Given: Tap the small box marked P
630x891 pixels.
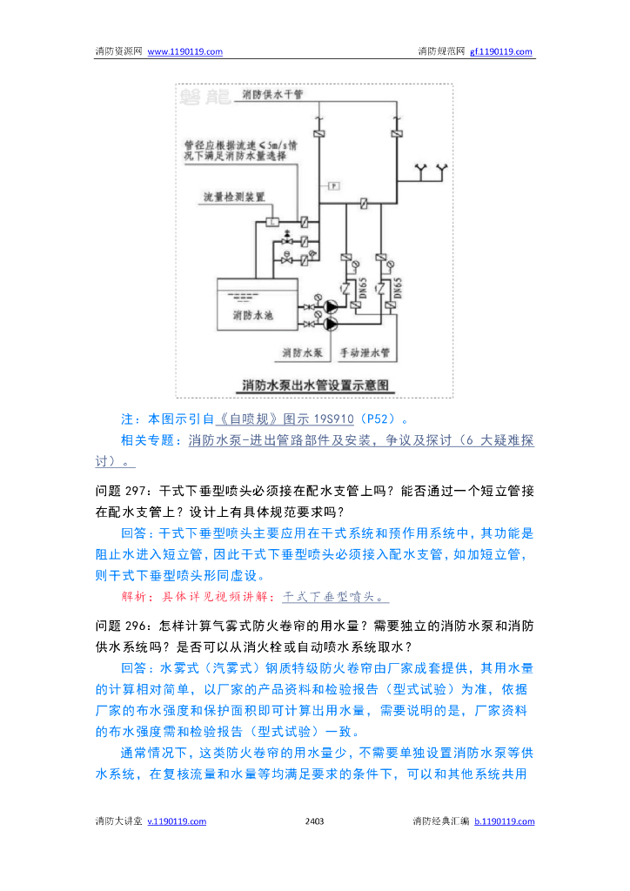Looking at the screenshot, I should pos(333,185).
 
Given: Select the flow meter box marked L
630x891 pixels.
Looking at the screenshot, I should pos(271,222).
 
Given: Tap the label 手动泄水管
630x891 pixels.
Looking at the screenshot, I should pos(365,354).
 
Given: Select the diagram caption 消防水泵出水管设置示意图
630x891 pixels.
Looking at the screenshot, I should pos(316,384).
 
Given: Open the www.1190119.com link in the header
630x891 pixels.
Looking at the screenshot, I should pos(185,51).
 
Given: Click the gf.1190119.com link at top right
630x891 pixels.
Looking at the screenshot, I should pos(501,51).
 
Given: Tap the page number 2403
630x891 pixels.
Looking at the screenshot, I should pos(315,821).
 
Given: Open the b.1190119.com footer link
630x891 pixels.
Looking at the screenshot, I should pos(505,821).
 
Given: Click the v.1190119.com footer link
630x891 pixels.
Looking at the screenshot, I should pos(177,821).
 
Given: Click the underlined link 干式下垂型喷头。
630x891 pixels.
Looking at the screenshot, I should pos(336,597).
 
